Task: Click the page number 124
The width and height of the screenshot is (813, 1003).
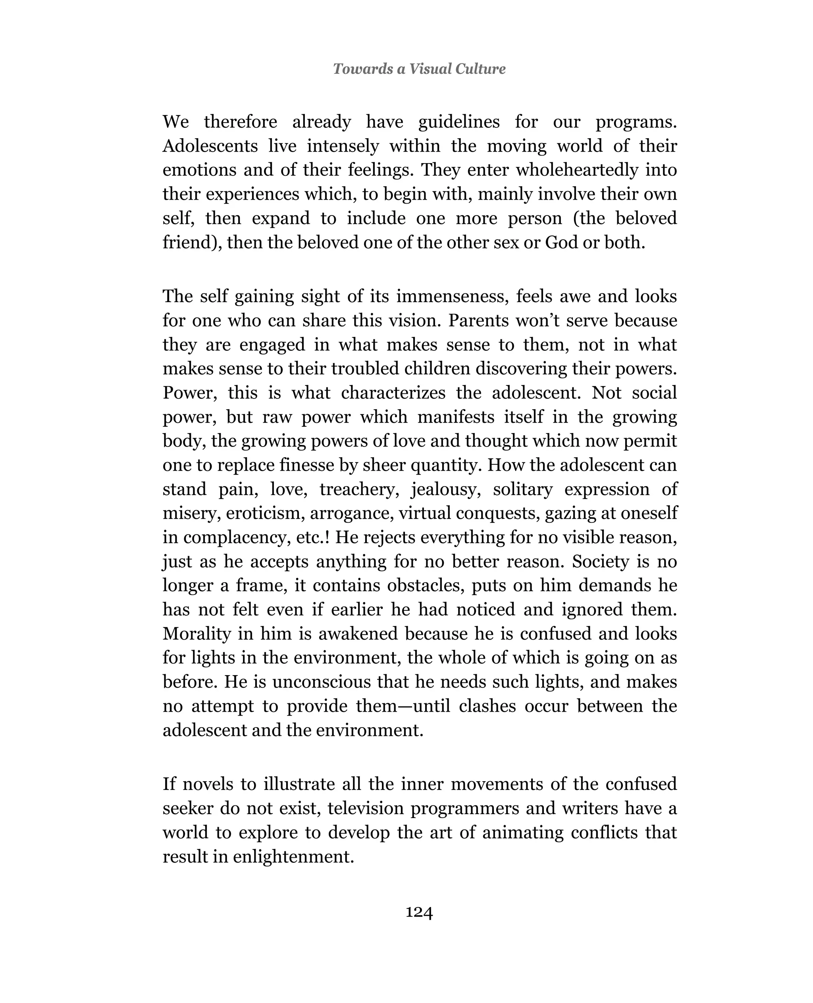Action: [x=419, y=912]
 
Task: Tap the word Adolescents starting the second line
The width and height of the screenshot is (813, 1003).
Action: [x=210, y=146]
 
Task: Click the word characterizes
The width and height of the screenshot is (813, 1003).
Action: [x=393, y=393]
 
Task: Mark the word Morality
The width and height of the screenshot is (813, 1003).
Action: [x=197, y=634]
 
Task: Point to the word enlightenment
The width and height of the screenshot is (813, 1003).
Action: [x=293, y=857]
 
